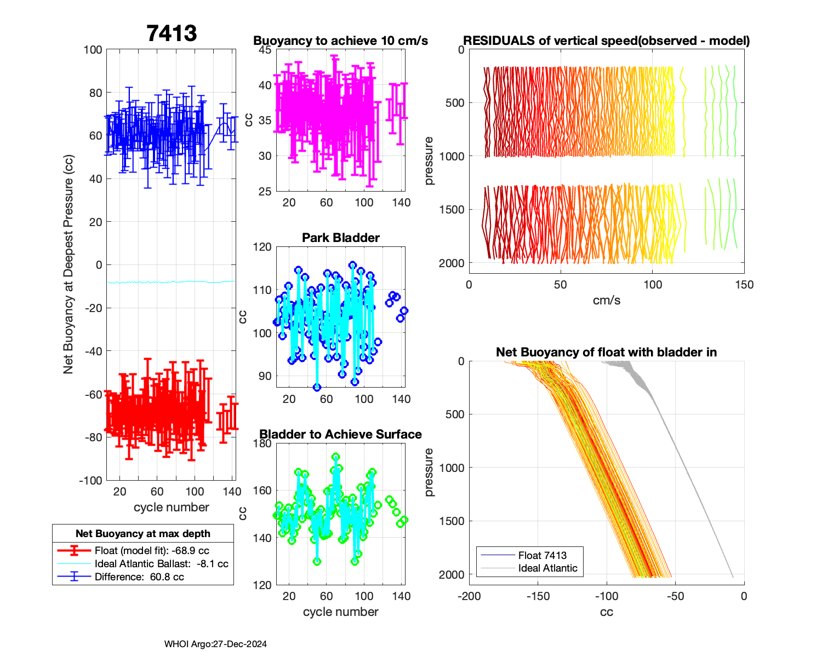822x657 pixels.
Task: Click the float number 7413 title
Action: [x=172, y=33]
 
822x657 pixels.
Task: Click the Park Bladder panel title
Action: [x=341, y=238]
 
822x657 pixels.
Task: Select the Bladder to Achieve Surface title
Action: [x=340, y=434]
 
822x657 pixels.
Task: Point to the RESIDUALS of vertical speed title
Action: [x=607, y=41]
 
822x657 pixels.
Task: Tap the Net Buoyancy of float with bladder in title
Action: [x=606, y=352]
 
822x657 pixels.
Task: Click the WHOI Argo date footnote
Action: [x=215, y=644]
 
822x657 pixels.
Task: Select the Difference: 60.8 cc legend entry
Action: [x=139, y=577]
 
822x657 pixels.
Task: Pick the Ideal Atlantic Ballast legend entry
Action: [x=161, y=563]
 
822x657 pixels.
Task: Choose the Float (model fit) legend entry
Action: [x=152, y=550]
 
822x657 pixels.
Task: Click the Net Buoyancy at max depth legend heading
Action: [x=143, y=533]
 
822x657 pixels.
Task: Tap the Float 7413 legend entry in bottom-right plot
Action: [x=542, y=555]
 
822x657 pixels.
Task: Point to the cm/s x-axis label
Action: [x=607, y=300]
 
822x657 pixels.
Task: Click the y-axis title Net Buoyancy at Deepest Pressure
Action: [x=68, y=264]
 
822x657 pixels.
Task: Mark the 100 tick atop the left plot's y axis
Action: [x=93, y=50]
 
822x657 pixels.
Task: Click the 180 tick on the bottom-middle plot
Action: [x=263, y=443]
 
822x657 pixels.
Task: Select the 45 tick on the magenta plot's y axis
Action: [x=265, y=50]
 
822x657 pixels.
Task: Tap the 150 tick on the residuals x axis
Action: [x=744, y=285]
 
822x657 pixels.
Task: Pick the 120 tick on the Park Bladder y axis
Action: [x=262, y=247]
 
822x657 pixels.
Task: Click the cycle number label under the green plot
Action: [x=340, y=612]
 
